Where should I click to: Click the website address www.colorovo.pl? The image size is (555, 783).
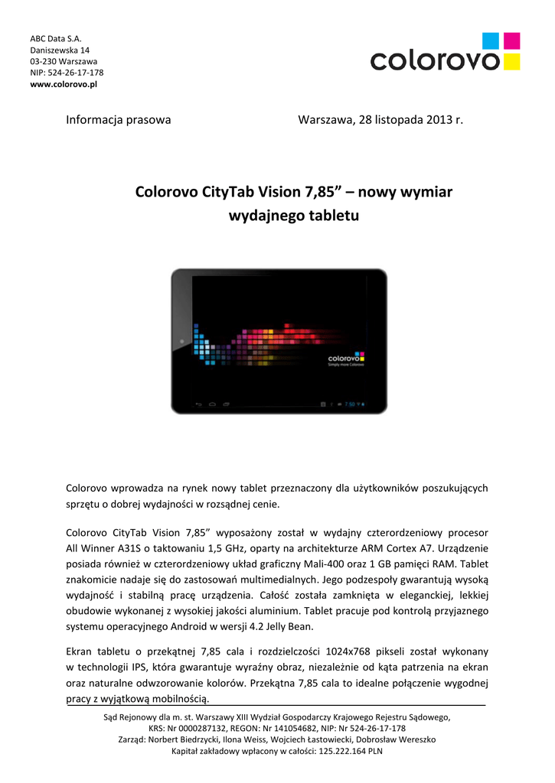click(x=64, y=84)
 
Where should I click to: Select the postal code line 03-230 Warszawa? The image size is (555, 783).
click(x=64, y=61)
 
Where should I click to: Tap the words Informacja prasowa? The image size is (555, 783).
click(x=118, y=120)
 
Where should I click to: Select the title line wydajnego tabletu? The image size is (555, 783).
click(x=294, y=216)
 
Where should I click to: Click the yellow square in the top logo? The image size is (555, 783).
click(x=513, y=61)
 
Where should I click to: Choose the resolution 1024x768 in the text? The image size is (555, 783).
click(x=354, y=651)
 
